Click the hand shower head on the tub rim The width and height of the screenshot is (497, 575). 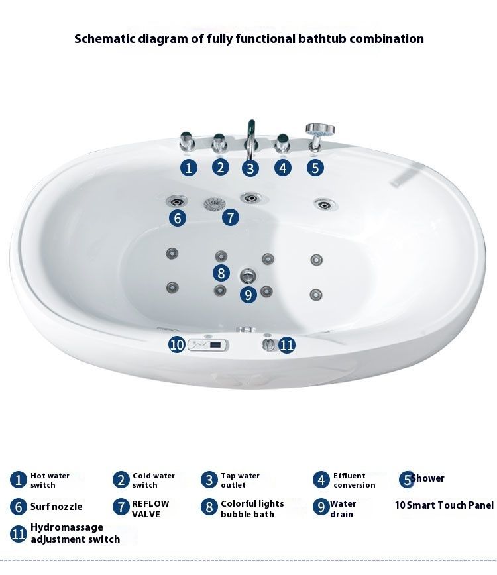(x=320, y=129)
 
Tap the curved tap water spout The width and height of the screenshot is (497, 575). (x=251, y=136)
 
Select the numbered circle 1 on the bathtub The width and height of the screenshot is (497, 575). (x=189, y=168)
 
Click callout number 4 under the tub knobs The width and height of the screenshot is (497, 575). (x=283, y=168)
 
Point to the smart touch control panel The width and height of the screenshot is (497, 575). (x=208, y=344)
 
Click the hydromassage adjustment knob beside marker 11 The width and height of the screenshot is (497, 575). (x=269, y=344)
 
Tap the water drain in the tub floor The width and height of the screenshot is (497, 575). (x=248, y=275)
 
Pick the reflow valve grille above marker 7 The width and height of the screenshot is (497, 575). (x=215, y=204)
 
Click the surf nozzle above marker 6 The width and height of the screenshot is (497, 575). (x=176, y=201)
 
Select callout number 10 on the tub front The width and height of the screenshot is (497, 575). (x=177, y=344)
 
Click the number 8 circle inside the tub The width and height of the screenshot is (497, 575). (x=221, y=273)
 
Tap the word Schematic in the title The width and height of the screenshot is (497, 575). (x=105, y=39)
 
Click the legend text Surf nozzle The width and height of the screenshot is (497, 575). (x=56, y=507)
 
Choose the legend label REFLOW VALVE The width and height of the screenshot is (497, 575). (x=150, y=509)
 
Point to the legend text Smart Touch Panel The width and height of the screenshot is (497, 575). (x=450, y=505)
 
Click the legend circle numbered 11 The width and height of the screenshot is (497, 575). (x=19, y=533)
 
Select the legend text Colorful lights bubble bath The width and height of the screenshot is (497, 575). (x=252, y=509)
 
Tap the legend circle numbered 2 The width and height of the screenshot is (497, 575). (x=121, y=480)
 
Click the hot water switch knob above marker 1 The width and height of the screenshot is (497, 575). (x=187, y=142)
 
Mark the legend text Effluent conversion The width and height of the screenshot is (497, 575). (x=355, y=480)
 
